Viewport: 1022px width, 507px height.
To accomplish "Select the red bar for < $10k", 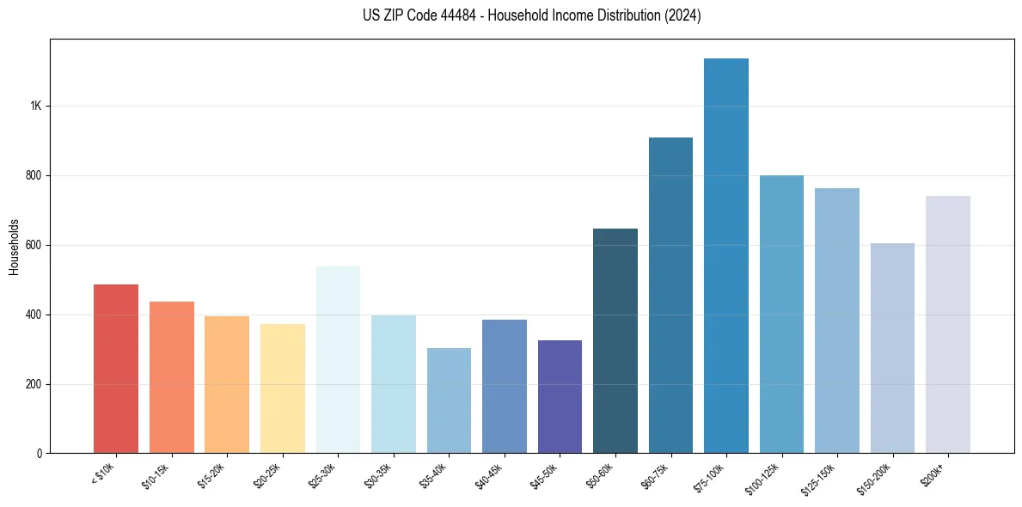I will click(116, 369).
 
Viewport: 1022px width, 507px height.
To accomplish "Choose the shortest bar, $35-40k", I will click(449, 400).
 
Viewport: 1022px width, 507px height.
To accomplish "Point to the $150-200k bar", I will click(892, 348).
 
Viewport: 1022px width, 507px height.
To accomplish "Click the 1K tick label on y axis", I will click(35, 107).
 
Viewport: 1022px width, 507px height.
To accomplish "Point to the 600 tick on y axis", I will click(33, 246).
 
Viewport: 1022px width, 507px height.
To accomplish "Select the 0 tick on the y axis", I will click(40, 454).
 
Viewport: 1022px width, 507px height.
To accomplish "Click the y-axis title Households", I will click(14, 247).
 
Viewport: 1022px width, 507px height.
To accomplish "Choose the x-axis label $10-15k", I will click(156, 474).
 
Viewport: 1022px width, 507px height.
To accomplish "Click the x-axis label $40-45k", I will click(489, 474).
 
